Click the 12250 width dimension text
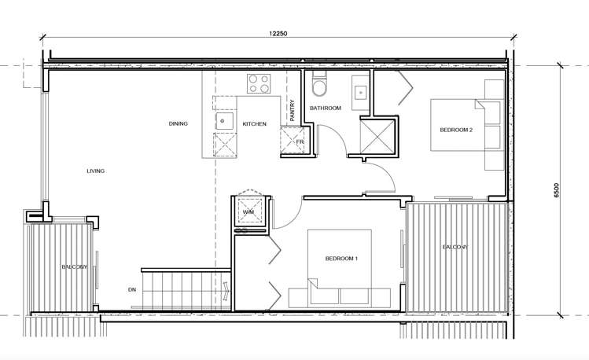(278, 34)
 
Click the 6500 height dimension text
(556, 190)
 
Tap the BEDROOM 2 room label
(456, 130)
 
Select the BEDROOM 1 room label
(341, 259)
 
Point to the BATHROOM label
(326, 108)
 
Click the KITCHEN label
(254, 124)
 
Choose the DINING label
(178, 123)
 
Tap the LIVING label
(95, 171)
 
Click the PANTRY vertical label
(293, 110)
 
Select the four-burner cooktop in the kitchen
(259, 84)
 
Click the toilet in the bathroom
(320, 83)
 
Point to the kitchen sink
(224, 121)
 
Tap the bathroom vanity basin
(361, 92)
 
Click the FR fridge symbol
(293, 141)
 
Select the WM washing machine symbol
(248, 211)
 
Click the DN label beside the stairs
(132, 290)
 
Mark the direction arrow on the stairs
(226, 291)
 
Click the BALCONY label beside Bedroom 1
(455, 248)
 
